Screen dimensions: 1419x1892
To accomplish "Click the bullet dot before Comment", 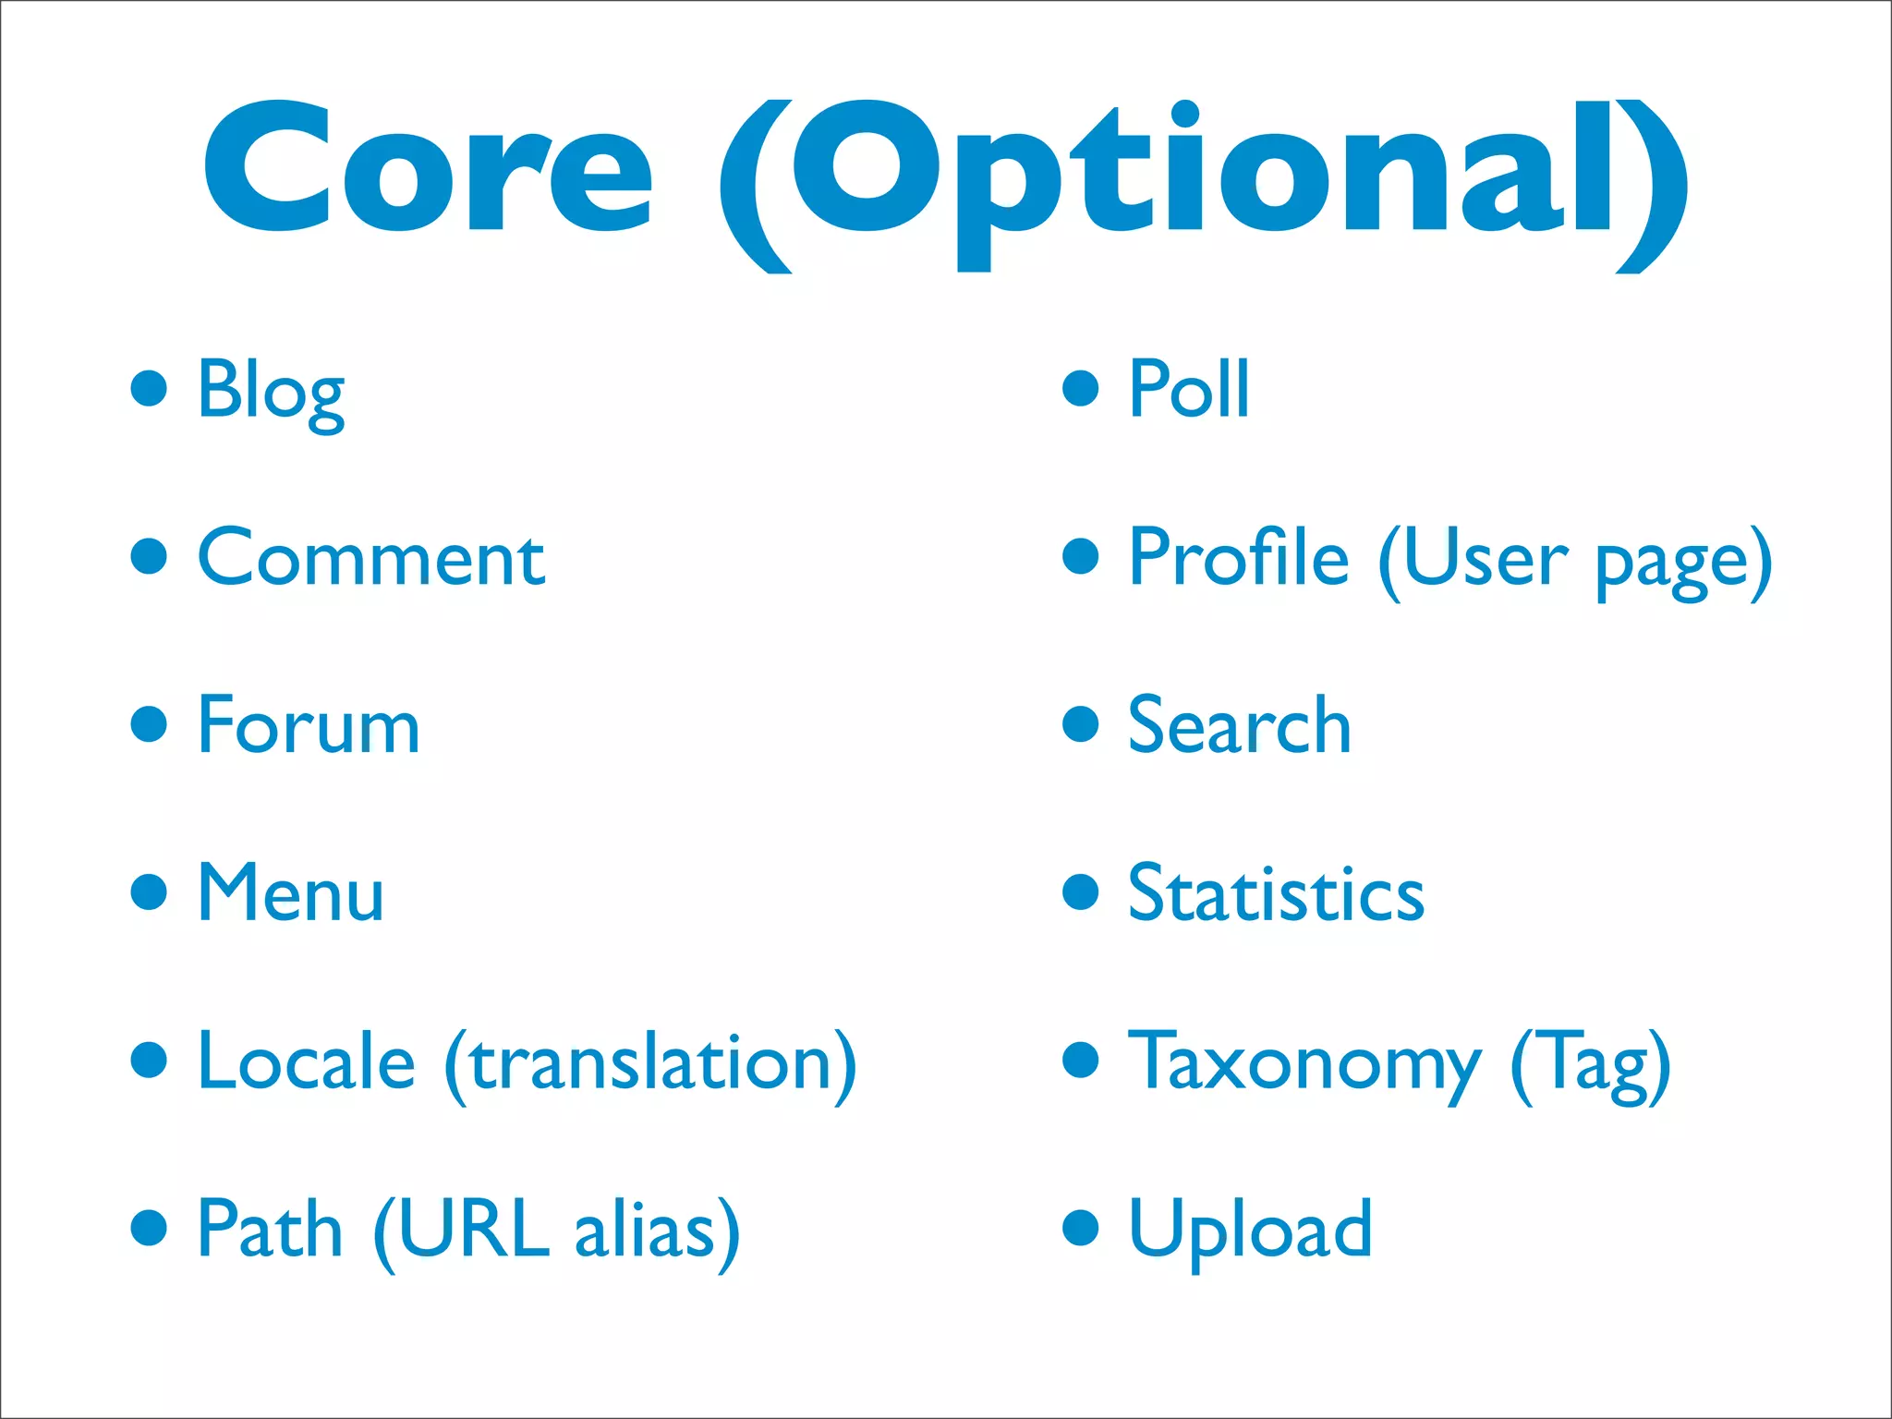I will click(149, 557).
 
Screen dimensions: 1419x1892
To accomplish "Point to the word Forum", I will click(309, 726).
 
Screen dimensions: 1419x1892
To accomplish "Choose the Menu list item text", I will click(290, 893).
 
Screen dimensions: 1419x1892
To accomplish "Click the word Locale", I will click(306, 1061).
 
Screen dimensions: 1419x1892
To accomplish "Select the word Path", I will click(270, 1230).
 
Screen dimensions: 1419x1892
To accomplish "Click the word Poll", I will click(1189, 390).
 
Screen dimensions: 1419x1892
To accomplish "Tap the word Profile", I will click(1239, 557).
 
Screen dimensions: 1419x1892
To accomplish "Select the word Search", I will click(1239, 726).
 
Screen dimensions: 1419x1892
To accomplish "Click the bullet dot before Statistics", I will click(1080, 892).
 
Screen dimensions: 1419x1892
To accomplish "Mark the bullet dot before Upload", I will click(1080, 1228).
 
